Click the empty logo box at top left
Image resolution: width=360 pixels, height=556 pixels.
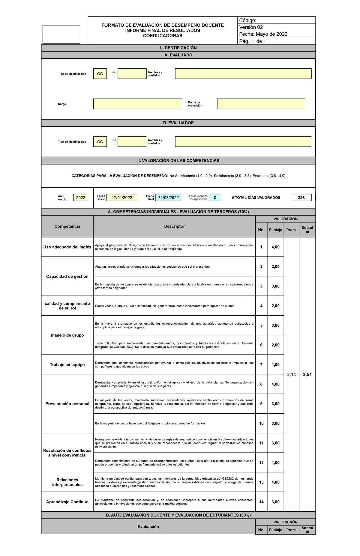click(x=61, y=34)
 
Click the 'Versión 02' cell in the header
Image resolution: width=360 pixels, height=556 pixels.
click(x=276, y=27)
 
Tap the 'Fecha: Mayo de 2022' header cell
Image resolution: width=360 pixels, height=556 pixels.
click(x=276, y=34)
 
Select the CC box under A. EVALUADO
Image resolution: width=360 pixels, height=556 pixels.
click(x=100, y=74)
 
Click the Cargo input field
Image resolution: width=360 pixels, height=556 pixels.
click(x=137, y=104)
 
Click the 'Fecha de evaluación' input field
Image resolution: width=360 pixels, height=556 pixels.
click(x=261, y=104)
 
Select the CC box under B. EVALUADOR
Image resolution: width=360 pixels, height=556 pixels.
click(x=100, y=142)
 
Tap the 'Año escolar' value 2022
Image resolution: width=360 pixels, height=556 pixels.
click(x=80, y=198)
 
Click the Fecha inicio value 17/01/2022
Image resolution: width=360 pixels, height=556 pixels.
click(x=122, y=198)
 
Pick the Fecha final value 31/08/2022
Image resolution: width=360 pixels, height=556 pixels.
click(x=168, y=198)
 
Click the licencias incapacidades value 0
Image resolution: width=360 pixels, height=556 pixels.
click(x=215, y=198)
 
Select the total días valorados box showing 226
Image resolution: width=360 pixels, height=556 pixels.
click(x=301, y=198)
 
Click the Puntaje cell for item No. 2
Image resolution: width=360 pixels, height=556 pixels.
click(x=275, y=266)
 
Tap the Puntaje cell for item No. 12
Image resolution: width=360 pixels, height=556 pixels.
click(x=275, y=462)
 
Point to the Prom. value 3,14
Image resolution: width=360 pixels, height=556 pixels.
click(x=291, y=374)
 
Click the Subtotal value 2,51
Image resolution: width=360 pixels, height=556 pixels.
click(x=307, y=374)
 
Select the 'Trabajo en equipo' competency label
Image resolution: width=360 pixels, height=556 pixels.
click(x=67, y=364)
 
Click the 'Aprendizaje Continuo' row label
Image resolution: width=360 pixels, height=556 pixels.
click(x=67, y=502)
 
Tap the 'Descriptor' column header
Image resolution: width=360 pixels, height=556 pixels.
click(x=174, y=226)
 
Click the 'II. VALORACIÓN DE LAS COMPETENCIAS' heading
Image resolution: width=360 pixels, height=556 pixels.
click(x=178, y=161)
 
